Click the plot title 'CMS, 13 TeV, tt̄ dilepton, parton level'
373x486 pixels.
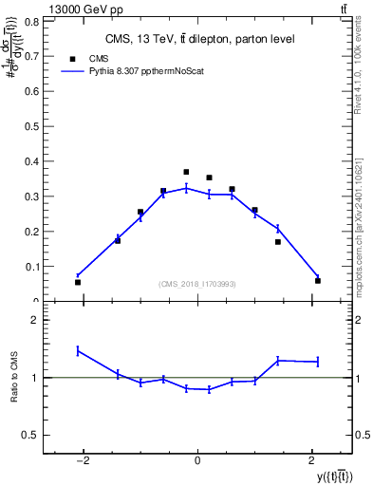pyautogui.click(x=197, y=39)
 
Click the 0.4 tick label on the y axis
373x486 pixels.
pyautogui.click(x=34, y=160)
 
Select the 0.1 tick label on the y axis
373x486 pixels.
pyautogui.click(x=34, y=266)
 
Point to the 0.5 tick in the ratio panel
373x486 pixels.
pyautogui.click(x=32, y=435)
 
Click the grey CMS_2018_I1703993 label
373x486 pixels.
pyautogui.click(x=196, y=284)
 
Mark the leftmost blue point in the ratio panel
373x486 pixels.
pyautogui.click(x=78, y=350)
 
